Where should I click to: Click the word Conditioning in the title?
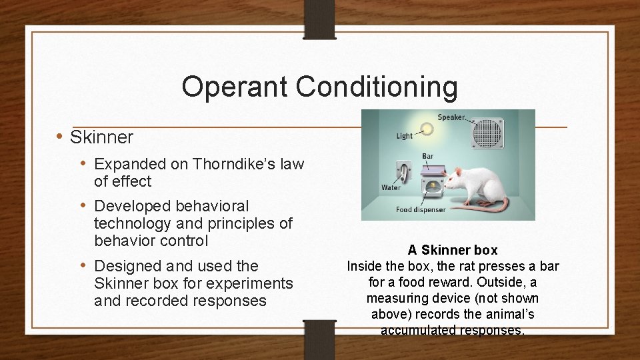point(377,87)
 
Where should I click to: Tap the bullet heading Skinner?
point(101,137)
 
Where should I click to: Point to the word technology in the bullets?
point(131,223)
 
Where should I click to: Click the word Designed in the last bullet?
point(127,266)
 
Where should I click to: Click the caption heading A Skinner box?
point(453,250)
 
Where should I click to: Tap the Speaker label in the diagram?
point(451,117)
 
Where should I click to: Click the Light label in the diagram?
point(404,136)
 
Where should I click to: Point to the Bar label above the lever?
point(427,157)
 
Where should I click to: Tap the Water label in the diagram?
point(391,188)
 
